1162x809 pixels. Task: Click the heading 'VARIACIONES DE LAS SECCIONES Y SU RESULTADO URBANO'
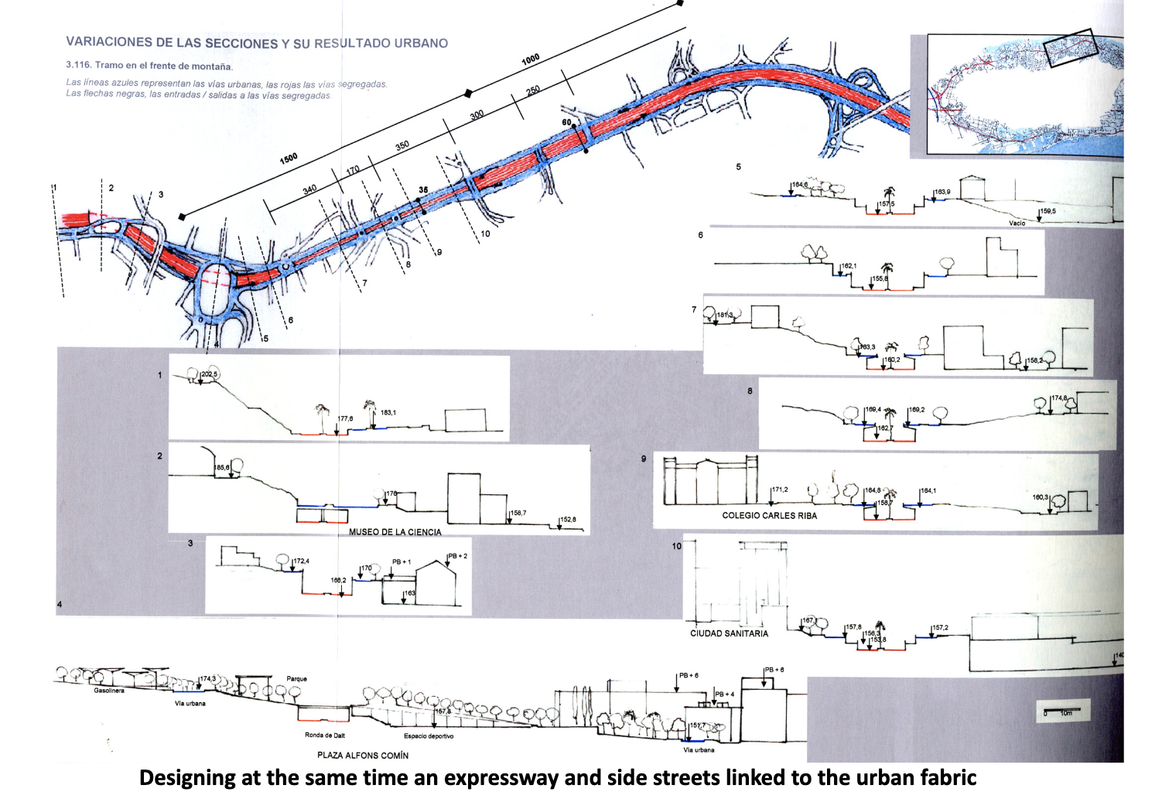coord(257,43)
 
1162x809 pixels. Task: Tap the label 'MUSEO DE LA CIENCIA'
coord(395,532)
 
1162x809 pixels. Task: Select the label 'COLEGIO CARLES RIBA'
coord(769,515)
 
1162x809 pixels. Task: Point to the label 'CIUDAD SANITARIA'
coord(729,633)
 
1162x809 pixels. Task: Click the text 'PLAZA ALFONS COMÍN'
coord(363,755)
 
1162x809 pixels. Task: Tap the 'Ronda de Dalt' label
coord(325,736)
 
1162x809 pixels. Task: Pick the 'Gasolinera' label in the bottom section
coord(109,691)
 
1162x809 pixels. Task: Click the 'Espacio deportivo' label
coord(429,736)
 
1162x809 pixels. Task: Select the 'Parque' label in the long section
coord(296,679)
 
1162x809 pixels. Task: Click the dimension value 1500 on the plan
coord(289,159)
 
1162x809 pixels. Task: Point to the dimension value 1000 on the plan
coord(531,60)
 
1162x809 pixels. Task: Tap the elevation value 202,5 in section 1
coord(210,375)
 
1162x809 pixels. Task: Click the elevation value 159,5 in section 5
coord(1048,211)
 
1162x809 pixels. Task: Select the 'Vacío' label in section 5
coord(1017,224)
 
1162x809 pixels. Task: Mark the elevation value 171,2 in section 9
coord(780,490)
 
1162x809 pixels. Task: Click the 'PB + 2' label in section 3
coord(457,556)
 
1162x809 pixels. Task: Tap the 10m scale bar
coord(1064,710)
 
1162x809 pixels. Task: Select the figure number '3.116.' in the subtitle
coord(79,66)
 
